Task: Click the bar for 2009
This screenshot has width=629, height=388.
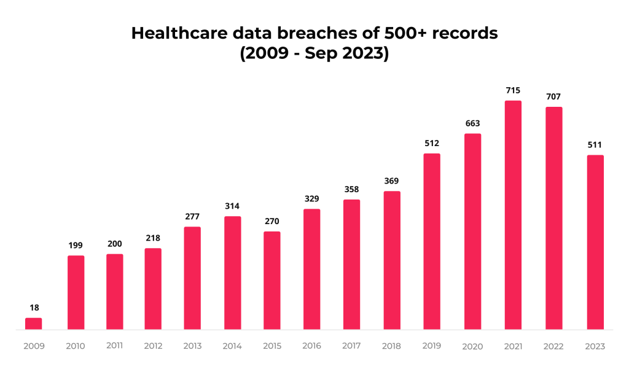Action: (x=34, y=324)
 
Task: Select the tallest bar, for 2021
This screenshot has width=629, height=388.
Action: (x=513, y=215)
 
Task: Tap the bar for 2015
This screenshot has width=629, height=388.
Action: (x=272, y=281)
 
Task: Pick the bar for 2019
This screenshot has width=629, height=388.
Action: (x=432, y=241)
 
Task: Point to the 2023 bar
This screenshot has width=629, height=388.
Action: (x=595, y=242)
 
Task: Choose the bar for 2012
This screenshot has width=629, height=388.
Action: (x=153, y=289)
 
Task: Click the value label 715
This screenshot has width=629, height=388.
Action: (x=513, y=91)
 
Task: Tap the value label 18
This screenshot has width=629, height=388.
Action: (x=34, y=308)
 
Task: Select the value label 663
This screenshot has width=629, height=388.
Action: (x=472, y=123)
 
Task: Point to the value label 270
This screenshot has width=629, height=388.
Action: (x=272, y=221)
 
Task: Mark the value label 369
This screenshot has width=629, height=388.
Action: (x=392, y=181)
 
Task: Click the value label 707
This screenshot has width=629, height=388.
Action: (x=553, y=97)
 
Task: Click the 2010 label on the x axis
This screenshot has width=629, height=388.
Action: (x=76, y=346)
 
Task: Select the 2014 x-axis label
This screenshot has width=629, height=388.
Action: (x=232, y=346)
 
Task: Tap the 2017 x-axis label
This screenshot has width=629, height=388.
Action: (x=351, y=346)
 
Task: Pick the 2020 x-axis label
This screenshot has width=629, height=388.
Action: (x=472, y=346)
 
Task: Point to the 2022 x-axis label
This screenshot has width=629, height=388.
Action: (x=553, y=346)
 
